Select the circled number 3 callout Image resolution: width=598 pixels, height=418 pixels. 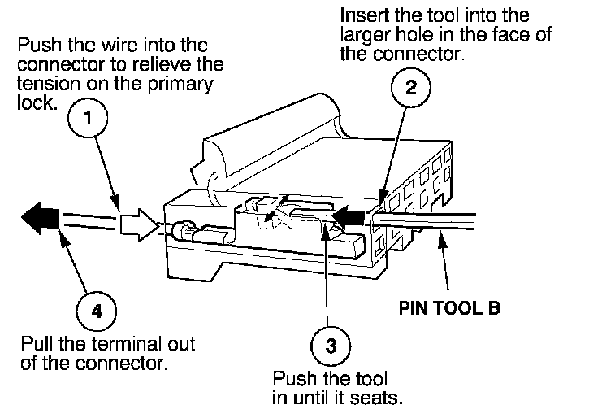click(329, 345)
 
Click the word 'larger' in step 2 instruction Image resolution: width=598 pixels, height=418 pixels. click(362, 35)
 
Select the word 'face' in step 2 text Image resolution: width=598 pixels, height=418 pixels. click(495, 35)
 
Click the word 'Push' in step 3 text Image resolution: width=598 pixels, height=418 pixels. click(292, 380)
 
